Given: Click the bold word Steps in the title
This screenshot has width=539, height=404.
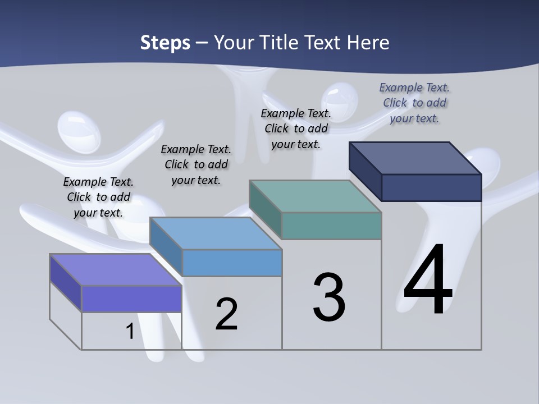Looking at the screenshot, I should point(165,43).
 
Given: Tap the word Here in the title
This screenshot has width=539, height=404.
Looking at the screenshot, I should point(368,43).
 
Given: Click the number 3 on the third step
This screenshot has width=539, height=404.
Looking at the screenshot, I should point(329,297).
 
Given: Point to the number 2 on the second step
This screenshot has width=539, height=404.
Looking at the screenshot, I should point(227,314).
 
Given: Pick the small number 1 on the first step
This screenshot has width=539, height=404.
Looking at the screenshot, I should point(130,331).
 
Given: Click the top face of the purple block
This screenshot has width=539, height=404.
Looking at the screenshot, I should point(115,269).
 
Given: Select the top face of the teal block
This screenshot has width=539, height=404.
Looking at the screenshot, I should point(315,196).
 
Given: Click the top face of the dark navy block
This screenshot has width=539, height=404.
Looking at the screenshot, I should point(415,158).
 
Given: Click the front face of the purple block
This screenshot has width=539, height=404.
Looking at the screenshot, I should point(131,299).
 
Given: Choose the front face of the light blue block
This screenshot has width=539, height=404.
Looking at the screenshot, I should point(232,263).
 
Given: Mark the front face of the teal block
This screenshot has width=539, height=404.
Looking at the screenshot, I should point(331,226).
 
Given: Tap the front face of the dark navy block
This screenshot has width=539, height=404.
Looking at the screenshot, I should point(431,187).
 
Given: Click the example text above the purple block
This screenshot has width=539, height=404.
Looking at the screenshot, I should point(98,197).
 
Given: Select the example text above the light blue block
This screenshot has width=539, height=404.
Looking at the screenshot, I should point(196,164).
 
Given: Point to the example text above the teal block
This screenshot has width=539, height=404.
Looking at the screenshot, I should point(296,128).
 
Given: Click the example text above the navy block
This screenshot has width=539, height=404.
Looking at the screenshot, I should point(414,103).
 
